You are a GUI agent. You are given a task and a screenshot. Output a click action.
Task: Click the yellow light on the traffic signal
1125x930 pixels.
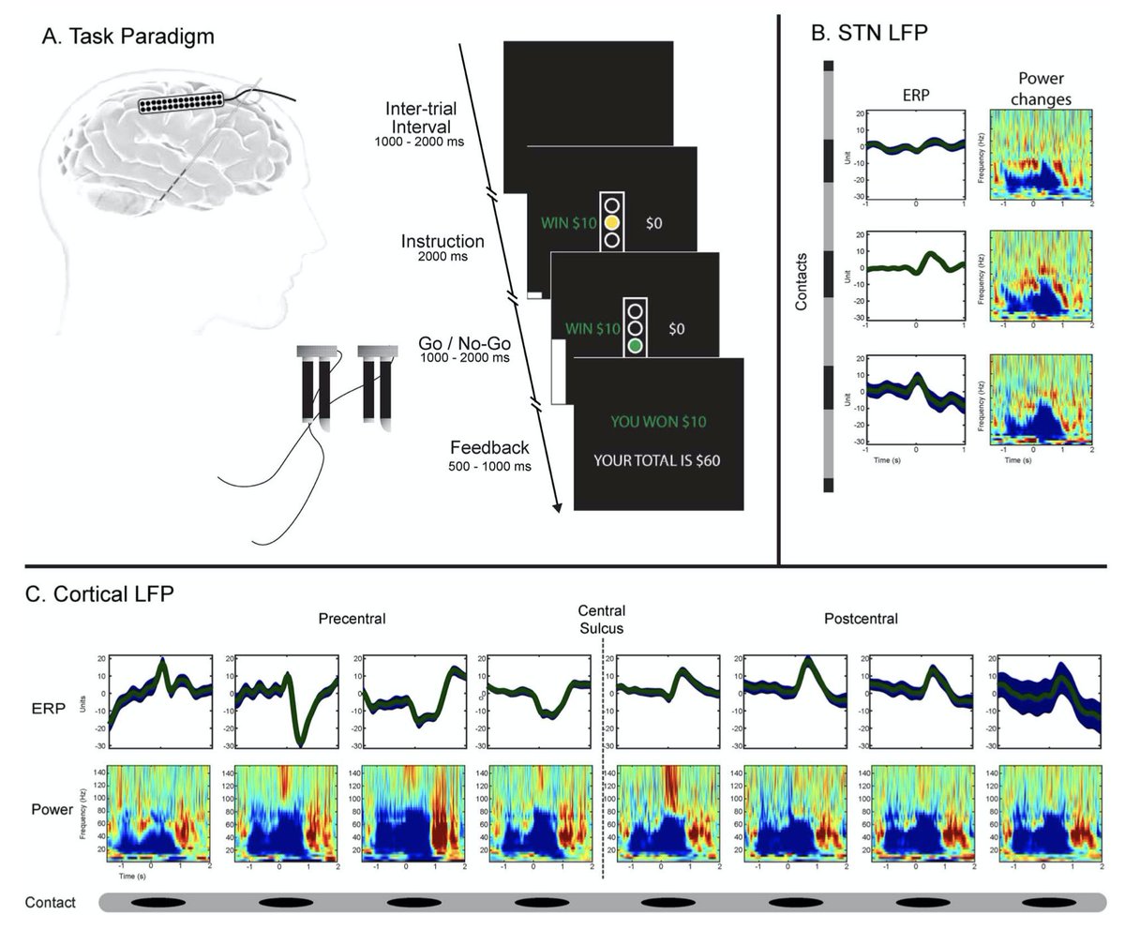(612, 223)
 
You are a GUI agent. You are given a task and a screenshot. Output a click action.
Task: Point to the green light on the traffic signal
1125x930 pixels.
(636, 345)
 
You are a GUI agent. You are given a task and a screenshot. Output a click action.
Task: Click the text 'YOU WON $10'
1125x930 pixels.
(657, 422)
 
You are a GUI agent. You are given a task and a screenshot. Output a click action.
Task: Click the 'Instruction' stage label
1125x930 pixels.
(442, 241)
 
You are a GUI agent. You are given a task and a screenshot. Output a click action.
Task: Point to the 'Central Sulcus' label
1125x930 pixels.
(602, 620)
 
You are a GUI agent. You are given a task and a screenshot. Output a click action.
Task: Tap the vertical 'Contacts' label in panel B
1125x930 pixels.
(802, 280)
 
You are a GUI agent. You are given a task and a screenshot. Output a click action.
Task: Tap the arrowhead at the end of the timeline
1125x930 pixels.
(560, 507)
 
